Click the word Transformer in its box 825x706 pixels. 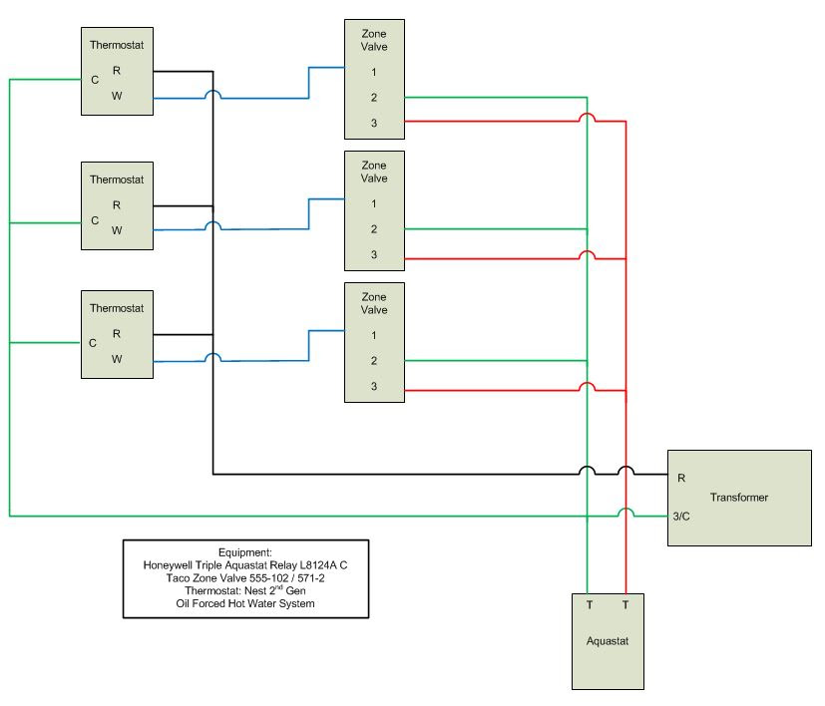(x=739, y=498)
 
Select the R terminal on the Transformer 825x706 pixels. (x=681, y=479)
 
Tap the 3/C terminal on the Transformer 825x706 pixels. (x=682, y=516)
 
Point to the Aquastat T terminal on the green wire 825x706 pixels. (x=589, y=605)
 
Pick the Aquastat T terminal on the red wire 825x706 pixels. (x=625, y=605)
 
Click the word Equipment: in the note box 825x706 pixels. (x=245, y=552)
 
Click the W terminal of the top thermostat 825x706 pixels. (x=117, y=97)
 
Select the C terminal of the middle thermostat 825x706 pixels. (x=95, y=220)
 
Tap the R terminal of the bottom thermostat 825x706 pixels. (x=117, y=334)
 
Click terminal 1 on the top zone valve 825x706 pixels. (x=374, y=72)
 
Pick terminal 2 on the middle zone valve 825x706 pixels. (x=374, y=229)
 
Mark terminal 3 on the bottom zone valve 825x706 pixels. (x=374, y=386)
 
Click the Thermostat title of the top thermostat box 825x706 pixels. (x=117, y=45)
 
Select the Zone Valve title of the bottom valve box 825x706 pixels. (x=374, y=303)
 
